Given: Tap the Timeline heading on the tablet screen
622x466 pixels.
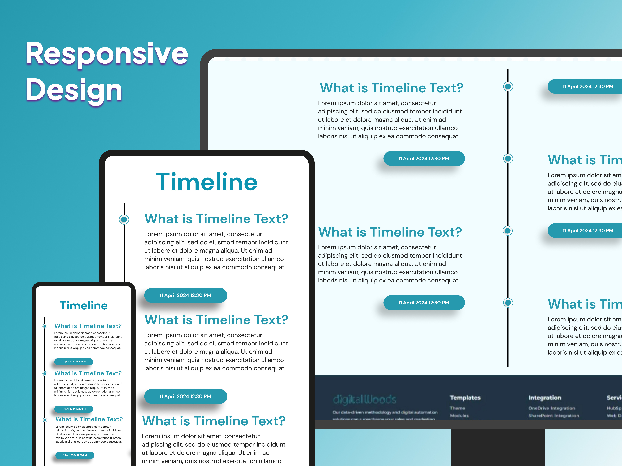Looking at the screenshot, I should coord(207,182).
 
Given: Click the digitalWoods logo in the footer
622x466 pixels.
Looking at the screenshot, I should coord(365,399).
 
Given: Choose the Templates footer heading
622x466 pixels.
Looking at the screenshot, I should coord(465,398).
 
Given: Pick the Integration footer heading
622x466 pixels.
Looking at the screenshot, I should coord(545,398).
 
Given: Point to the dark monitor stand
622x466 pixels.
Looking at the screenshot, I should coord(498,447).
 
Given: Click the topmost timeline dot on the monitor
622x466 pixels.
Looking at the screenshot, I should coord(508,87).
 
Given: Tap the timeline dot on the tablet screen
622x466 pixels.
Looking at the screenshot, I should coord(124,219).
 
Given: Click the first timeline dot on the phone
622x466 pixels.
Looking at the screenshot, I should coord(45,326).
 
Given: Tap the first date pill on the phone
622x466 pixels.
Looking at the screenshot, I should coord(74,361).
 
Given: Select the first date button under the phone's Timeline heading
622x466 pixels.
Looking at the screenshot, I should coord(74,361).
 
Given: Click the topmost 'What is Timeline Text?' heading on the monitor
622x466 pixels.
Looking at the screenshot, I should coord(391,88).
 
